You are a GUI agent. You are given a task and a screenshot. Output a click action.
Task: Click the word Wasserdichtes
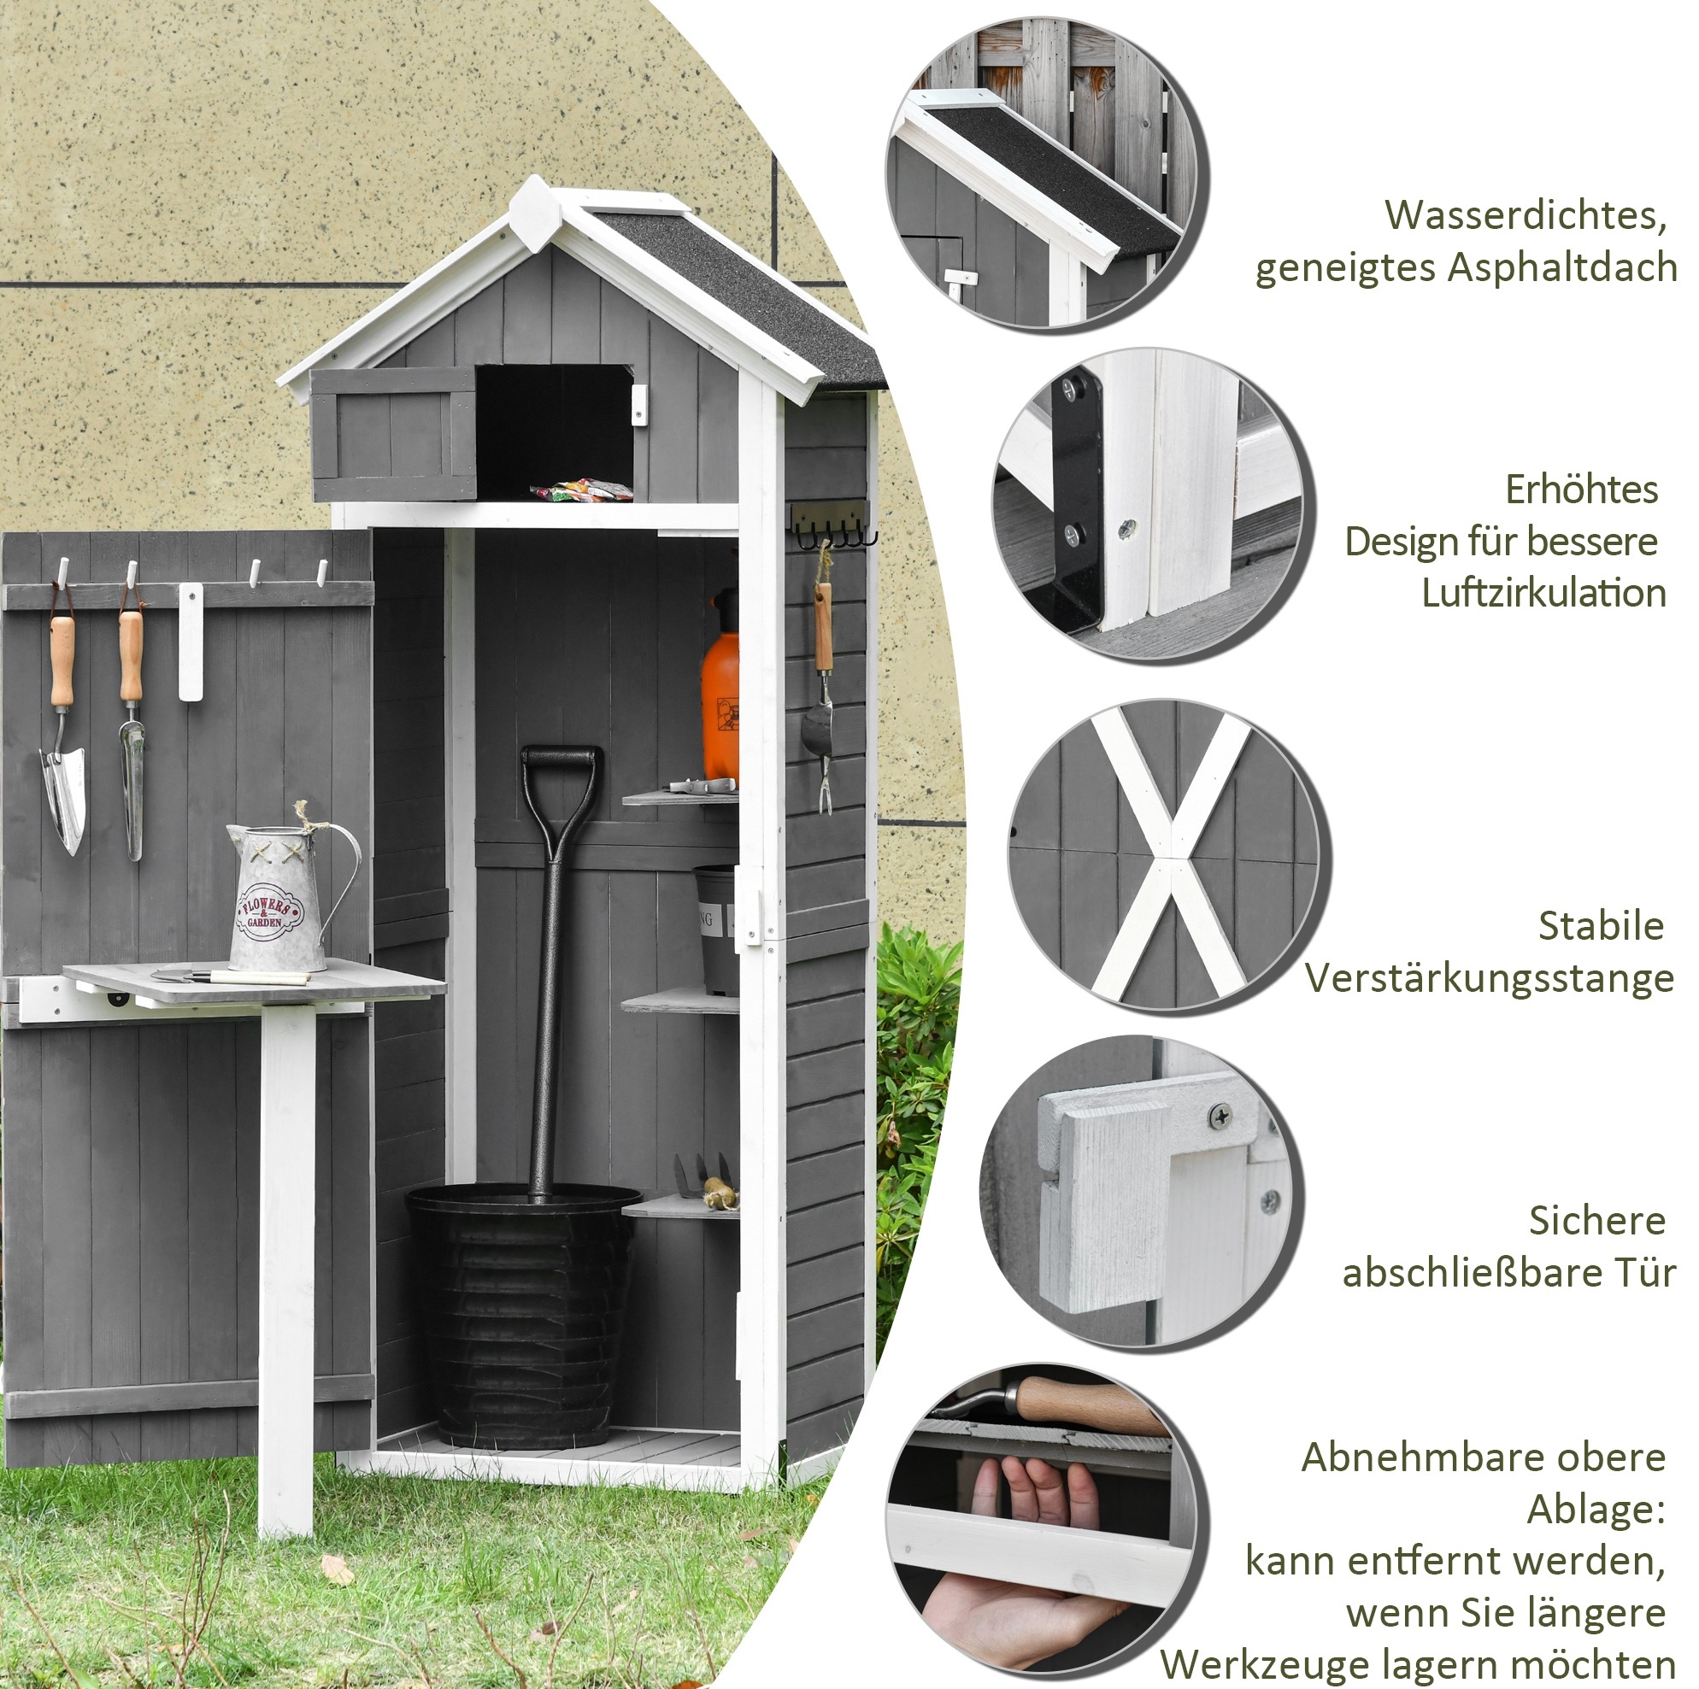[1526, 215]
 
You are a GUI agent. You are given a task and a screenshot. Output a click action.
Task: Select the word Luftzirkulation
[1543, 594]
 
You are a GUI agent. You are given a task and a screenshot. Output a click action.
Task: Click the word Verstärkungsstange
[1489, 978]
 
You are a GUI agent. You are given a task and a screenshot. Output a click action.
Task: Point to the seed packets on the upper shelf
[581, 490]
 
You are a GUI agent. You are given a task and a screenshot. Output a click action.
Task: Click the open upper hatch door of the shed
[393, 434]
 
